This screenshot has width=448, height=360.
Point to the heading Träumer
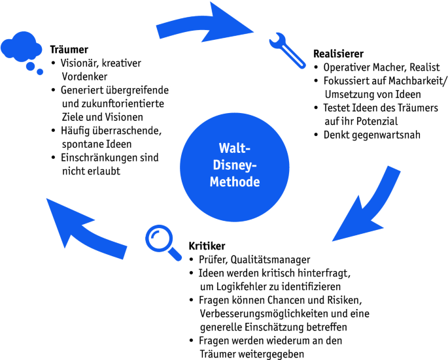[x=69, y=49]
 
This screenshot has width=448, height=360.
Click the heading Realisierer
[x=338, y=53]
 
